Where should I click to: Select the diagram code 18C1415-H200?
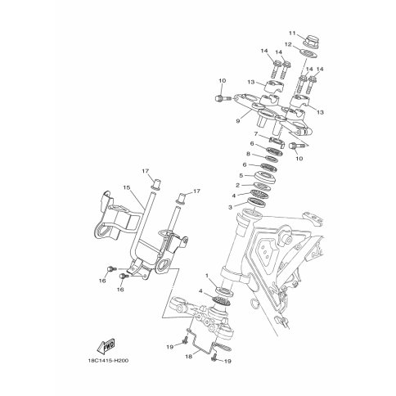pos(108,361)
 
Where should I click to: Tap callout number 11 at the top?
pos(292,33)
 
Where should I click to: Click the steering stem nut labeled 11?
pos(311,40)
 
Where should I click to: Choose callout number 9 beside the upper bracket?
pos(238,121)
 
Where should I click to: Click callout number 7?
pos(256,133)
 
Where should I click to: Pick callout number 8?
pos(248,154)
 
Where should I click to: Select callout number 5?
pos(241,175)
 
